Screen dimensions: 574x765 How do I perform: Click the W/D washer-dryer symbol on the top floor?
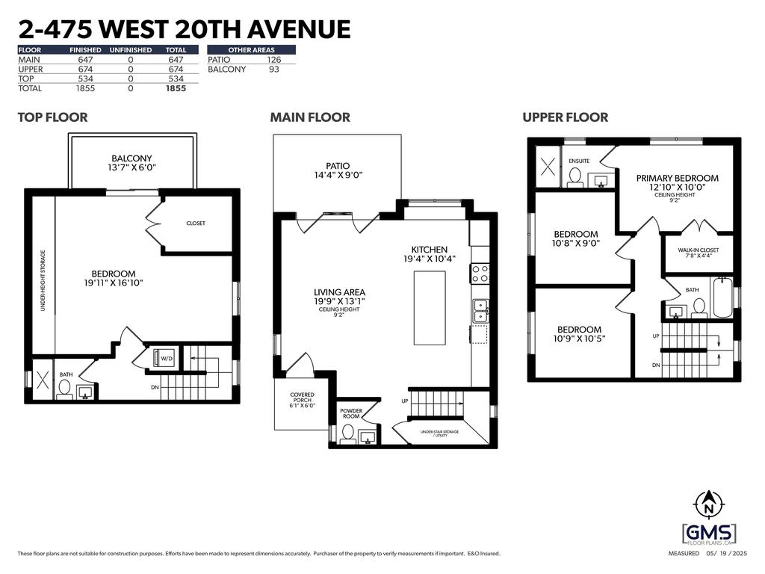(x=163, y=357)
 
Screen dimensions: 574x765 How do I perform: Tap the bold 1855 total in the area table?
(x=176, y=88)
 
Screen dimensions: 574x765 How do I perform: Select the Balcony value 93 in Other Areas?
(x=274, y=70)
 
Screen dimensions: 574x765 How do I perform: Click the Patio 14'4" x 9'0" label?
(x=337, y=171)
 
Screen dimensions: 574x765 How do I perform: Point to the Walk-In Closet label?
(x=698, y=254)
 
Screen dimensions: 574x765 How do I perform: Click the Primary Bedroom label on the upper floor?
(x=677, y=182)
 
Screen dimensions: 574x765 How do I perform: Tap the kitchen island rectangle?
(x=430, y=308)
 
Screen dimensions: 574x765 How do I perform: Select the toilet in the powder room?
(x=347, y=433)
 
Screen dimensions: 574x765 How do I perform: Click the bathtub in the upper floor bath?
(x=721, y=296)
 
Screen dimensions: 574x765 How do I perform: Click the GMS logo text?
(x=709, y=533)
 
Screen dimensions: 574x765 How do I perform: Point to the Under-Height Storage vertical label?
(x=43, y=280)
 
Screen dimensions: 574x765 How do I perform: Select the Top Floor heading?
(x=52, y=117)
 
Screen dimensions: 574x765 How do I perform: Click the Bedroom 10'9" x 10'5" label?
(x=579, y=334)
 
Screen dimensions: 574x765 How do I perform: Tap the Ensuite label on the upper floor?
(x=580, y=161)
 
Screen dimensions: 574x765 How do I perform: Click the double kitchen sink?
(x=480, y=311)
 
